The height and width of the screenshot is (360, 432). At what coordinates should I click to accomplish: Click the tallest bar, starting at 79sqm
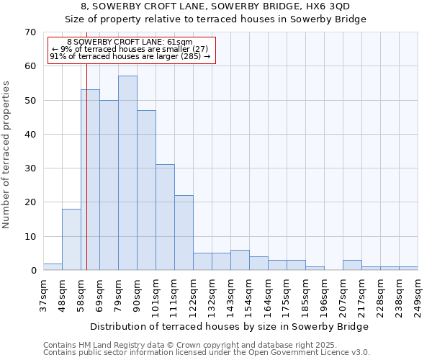[x=127, y=173]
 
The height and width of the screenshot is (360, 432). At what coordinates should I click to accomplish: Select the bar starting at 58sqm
[x=90, y=180]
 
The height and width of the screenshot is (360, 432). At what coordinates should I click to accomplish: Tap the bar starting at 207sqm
[x=352, y=265]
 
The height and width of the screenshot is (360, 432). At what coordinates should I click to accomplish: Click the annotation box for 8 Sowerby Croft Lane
[x=132, y=50]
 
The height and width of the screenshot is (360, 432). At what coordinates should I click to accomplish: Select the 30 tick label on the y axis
[x=30, y=168]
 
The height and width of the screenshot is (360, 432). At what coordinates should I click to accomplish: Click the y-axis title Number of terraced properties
[x=6, y=155]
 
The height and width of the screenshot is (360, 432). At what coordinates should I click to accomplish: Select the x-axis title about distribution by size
[x=230, y=326]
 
